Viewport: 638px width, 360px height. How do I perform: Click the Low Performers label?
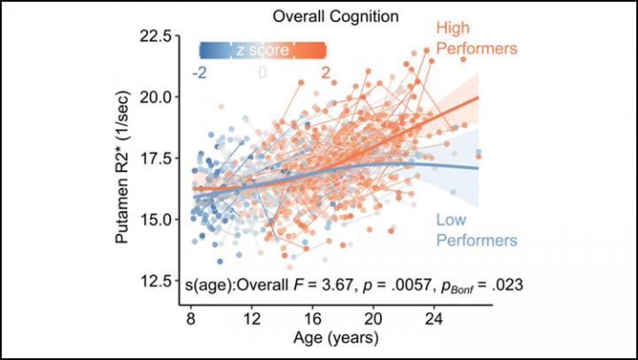477,230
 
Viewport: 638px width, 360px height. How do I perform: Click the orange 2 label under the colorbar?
326,73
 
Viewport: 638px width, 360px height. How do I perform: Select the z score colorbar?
263,51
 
